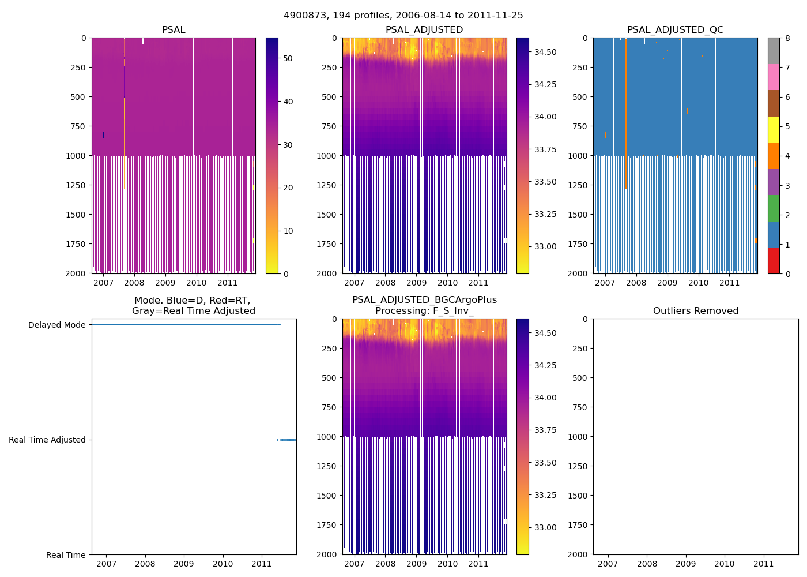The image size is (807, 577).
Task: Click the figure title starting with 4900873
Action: pyautogui.click(x=403, y=16)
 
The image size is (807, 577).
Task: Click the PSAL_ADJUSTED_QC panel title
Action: pyautogui.click(x=675, y=30)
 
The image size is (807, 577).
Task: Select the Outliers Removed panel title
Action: pyautogui.click(x=695, y=311)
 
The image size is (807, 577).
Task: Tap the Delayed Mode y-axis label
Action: pyautogui.click(x=56, y=325)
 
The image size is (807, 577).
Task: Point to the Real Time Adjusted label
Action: pyautogui.click(x=47, y=440)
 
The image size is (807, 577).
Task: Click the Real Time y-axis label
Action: pyautogui.click(x=66, y=555)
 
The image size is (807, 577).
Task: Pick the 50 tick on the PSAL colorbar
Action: pyautogui.click(x=288, y=58)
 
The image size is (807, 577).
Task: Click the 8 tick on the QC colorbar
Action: pyautogui.click(x=787, y=38)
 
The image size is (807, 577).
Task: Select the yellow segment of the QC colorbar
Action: pyautogui.click(x=774, y=129)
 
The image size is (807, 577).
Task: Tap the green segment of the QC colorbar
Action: pyautogui.click(x=774, y=208)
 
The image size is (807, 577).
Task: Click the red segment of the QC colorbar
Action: pyautogui.click(x=774, y=261)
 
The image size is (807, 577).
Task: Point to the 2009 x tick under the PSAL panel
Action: pyautogui.click(x=165, y=283)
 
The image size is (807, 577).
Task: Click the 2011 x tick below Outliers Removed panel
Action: pyautogui.click(x=764, y=564)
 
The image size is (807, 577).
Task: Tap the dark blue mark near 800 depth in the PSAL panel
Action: pyautogui.click(x=104, y=134)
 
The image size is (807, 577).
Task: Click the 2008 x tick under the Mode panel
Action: pyautogui.click(x=145, y=564)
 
